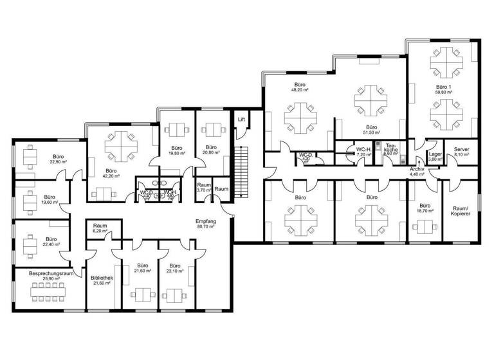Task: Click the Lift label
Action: point(242,119)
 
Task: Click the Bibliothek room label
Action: point(103,280)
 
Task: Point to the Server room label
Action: point(461,151)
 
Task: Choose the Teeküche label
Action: point(391,151)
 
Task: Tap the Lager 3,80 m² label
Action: point(435,156)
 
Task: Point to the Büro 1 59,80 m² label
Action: point(444,89)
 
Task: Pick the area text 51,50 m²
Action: point(371,132)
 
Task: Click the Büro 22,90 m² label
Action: point(58,159)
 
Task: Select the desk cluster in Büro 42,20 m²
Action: point(117,146)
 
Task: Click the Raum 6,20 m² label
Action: point(100,228)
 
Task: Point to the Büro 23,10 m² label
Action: point(174,269)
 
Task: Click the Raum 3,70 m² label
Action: point(205,187)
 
